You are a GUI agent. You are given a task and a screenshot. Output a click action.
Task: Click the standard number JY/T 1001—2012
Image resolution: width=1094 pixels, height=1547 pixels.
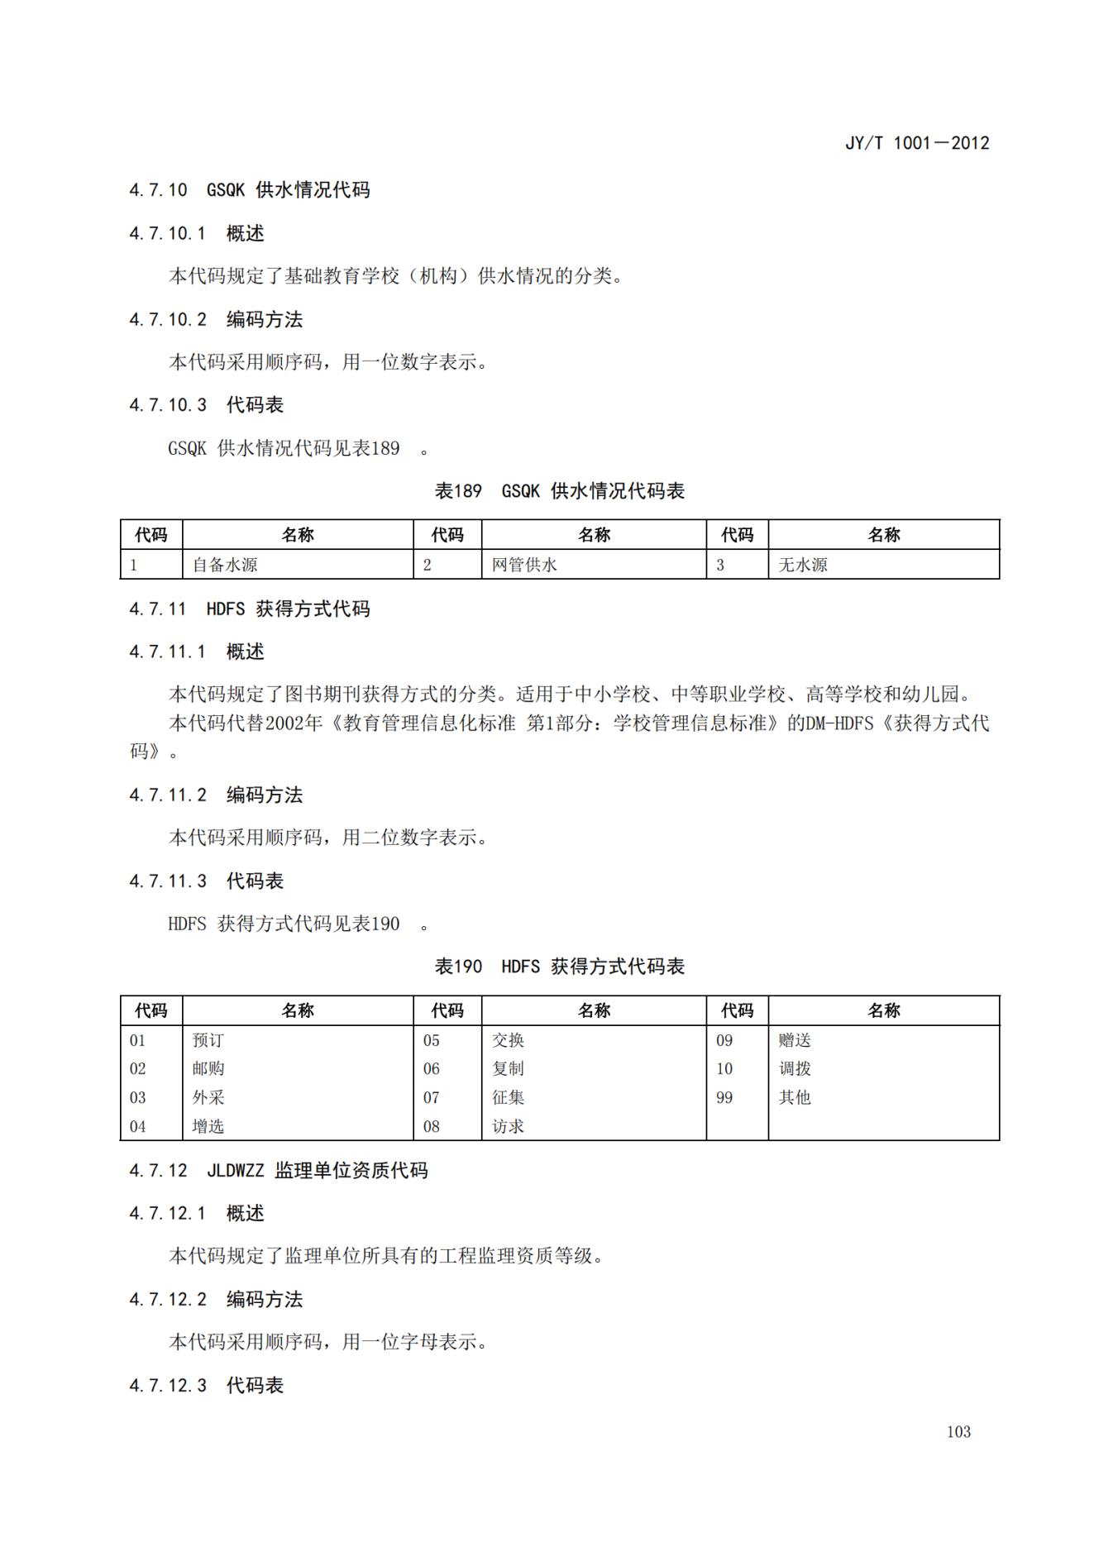pos(916,143)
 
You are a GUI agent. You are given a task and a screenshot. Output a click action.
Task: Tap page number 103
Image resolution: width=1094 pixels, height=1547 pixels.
pos(958,1431)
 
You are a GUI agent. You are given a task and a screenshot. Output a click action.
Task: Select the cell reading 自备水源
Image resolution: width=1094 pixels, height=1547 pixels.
pos(225,565)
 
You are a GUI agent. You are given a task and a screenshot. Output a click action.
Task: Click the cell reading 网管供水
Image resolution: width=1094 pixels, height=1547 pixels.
pos(524,565)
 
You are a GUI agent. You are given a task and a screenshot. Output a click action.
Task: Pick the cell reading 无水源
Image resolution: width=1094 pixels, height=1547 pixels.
pos(802,565)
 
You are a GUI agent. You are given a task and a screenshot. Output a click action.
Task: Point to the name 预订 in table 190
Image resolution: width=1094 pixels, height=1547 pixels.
pos(208,1040)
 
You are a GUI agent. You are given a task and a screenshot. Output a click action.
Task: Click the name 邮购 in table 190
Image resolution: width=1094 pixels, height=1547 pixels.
pos(208,1068)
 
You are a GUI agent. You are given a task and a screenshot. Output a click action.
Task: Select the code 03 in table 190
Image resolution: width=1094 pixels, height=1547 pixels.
pos(137,1097)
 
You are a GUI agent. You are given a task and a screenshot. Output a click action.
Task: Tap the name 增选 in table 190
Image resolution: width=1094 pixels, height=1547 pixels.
pos(208,1126)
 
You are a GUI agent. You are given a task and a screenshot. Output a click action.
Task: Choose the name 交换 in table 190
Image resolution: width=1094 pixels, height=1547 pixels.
pos(508,1040)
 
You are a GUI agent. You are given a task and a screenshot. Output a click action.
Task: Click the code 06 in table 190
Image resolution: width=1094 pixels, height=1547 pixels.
pos(432,1068)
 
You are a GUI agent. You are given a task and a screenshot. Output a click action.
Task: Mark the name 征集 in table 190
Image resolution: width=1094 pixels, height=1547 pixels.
pos(508,1097)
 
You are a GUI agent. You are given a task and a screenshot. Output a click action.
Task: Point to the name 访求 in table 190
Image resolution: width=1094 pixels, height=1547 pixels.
pos(508,1126)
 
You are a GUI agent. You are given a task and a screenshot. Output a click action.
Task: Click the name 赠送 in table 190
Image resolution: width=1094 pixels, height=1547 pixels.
pos(795,1040)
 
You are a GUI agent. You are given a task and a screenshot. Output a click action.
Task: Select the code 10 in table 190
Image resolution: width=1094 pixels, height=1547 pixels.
pos(724,1068)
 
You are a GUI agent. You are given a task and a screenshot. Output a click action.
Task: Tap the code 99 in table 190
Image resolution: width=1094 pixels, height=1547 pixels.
pos(724,1097)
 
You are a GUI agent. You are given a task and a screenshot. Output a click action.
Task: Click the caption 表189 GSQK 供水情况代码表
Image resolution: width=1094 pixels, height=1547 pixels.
pos(560,491)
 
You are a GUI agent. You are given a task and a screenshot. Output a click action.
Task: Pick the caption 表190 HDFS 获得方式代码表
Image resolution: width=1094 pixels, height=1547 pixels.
pos(560,967)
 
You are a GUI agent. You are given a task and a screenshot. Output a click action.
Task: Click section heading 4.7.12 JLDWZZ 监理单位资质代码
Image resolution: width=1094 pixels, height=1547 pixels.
pos(279,1170)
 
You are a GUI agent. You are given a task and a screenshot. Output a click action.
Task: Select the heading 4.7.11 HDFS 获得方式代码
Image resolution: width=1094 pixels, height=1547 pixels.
pos(250,609)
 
